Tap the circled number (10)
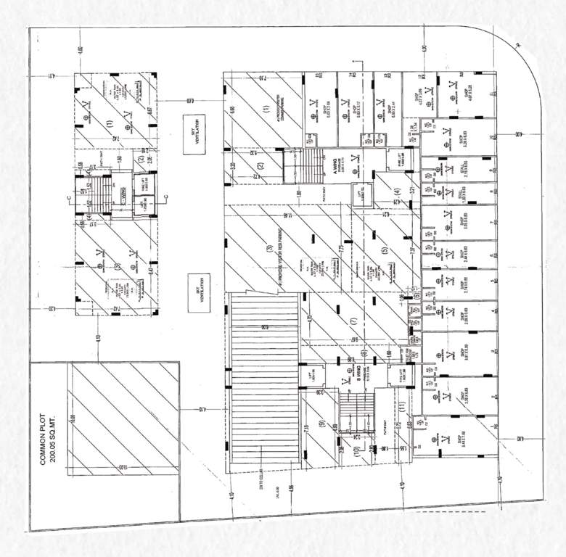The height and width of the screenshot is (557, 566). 356,450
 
